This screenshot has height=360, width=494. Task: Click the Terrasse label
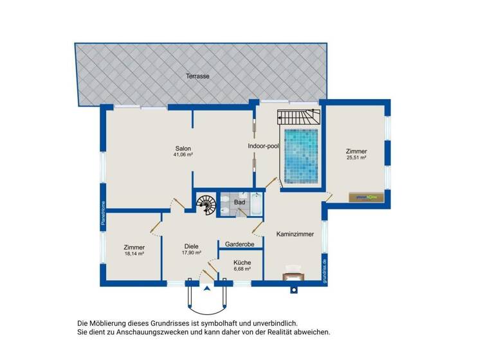tap(197, 76)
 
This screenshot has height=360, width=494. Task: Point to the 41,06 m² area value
tap(183, 155)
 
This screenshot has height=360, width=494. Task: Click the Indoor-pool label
tap(262, 146)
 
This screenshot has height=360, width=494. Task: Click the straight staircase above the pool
tap(299, 116)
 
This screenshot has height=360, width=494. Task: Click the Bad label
tap(239, 203)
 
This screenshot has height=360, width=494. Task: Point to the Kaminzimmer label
tap(295, 234)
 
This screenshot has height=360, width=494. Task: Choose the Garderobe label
tap(239, 245)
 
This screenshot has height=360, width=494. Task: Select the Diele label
tap(191, 246)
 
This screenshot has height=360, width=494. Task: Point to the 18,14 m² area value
tap(134, 254)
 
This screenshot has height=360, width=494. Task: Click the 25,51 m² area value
tap(356, 157)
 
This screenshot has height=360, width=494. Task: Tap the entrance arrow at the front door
tap(206, 289)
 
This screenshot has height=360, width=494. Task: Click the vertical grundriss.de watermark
tap(325, 271)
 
